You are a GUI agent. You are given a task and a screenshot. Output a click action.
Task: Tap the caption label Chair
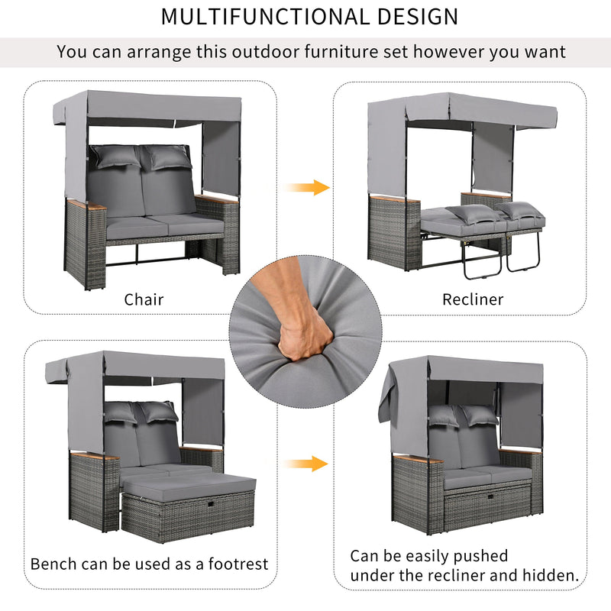144,299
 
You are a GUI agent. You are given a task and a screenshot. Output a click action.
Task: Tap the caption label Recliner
473,299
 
